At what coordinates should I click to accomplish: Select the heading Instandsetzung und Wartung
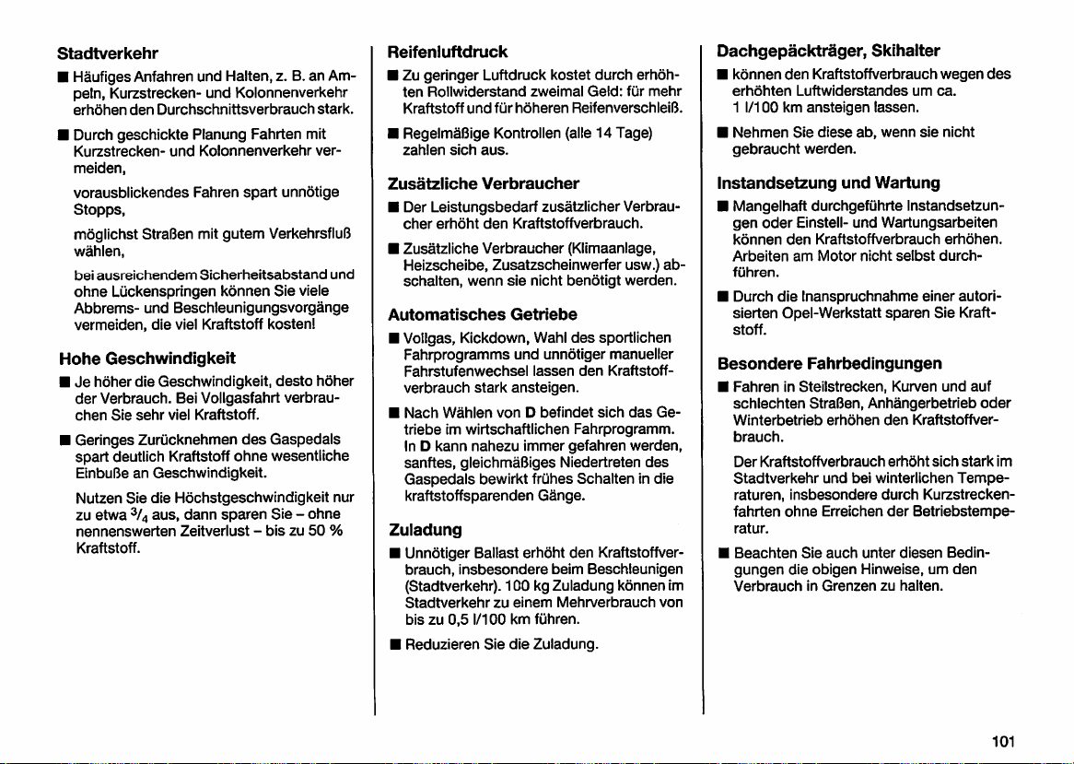tap(815, 182)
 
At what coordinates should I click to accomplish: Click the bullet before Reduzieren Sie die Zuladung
tap(392, 645)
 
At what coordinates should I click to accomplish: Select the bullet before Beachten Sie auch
tap(723, 554)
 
